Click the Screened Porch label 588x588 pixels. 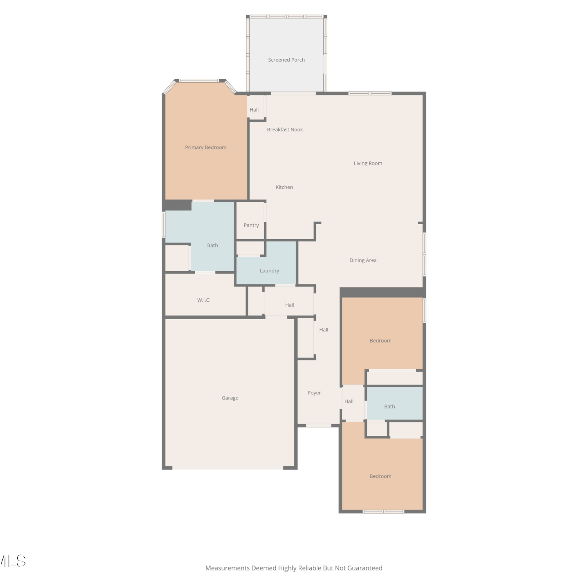click(286, 60)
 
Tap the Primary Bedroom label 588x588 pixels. click(206, 147)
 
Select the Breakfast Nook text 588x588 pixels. click(285, 130)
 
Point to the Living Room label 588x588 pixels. click(368, 163)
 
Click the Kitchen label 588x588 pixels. click(284, 187)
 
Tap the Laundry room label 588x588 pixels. click(269, 271)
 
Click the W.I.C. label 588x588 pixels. click(204, 300)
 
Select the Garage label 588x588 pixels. click(230, 398)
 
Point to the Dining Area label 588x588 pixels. click(363, 260)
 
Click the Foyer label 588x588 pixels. click(314, 393)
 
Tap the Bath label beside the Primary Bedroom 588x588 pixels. click(212, 245)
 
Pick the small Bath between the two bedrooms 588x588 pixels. click(390, 407)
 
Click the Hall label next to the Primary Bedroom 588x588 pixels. click(254, 110)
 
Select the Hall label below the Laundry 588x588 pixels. click(290, 305)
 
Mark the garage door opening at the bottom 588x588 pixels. click(228, 468)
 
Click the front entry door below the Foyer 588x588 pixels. click(319, 425)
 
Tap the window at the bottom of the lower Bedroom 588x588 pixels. click(383, 511)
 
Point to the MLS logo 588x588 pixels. click(13, 561)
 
